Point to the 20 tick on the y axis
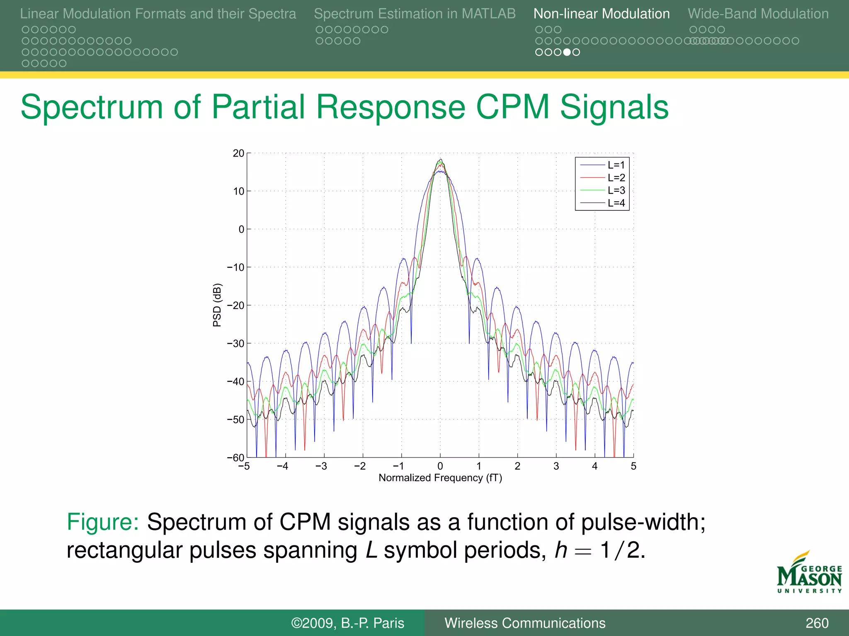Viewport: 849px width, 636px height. coord(238,153)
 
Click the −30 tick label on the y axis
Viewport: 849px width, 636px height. coord(235,343)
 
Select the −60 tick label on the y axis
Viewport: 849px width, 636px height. coord(235,458)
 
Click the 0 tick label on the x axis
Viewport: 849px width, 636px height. coord(440,466)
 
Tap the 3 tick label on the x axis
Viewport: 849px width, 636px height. coord(556,466)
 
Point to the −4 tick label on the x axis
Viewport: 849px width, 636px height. coord(283,466)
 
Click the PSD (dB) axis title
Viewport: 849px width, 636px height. coord(217,305)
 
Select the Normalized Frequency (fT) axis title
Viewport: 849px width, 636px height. coord(440,478)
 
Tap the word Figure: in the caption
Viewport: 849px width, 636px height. coord(103,522)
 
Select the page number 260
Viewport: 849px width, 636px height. coord(817,623)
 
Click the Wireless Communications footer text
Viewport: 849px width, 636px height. coord(525,623)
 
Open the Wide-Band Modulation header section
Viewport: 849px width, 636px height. coord(758,14)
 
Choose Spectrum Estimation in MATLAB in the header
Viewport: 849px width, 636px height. coord(415,14)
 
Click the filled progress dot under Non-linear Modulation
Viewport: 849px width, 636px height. coord(567,52)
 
